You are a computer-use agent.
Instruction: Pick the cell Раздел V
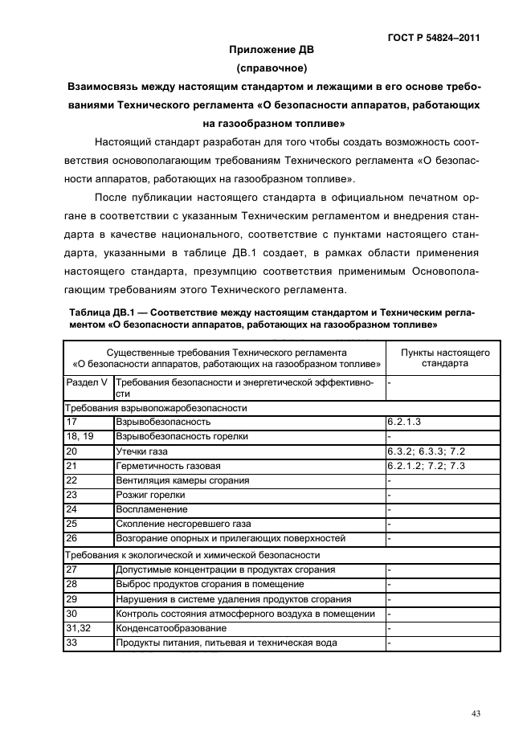[87, 383]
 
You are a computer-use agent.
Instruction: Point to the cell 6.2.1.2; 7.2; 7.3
[426, 465]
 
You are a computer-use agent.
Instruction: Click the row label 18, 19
[80, 435]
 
